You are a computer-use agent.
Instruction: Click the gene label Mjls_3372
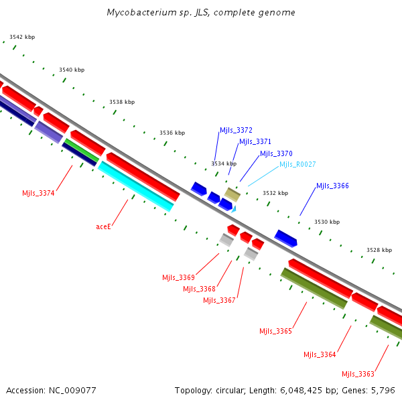(236, 130)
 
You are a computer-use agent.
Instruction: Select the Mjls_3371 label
(255, 141)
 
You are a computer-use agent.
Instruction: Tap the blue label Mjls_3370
(276, 153)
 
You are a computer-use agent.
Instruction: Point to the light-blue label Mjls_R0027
(297, 164)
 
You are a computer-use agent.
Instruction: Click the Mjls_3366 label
(332, 186)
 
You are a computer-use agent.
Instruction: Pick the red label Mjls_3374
(38, 193)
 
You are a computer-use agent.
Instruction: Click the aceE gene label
(103, 226)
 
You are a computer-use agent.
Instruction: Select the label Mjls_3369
(178, 277)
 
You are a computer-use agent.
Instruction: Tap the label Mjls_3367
(219, 300)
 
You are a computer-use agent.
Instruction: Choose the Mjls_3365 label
(275, 331)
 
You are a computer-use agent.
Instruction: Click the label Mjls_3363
(358, 374)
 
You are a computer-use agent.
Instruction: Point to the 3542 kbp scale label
(22, 37)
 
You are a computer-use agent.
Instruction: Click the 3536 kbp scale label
(172, 133)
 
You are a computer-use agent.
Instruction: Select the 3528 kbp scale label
(379, 250)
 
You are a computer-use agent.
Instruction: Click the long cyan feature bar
(136, 187)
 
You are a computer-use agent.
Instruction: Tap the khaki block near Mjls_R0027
(232, 195)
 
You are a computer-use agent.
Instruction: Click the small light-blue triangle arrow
(234, 209)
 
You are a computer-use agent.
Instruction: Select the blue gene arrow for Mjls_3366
(285, 239)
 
